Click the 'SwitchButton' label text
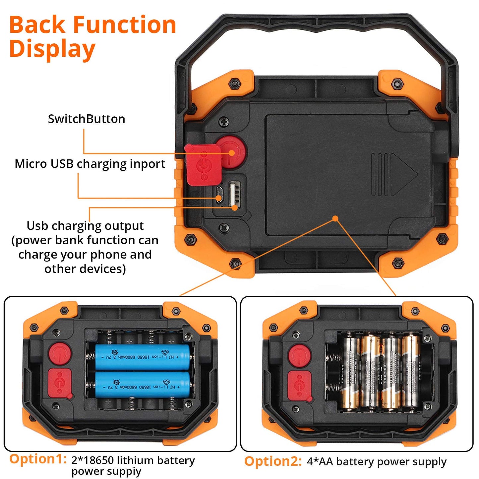[x=87, y=119]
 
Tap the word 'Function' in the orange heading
[x=124, y=25]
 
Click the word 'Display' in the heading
[x=52, y=49]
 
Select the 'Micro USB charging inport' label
[x=90, y=164]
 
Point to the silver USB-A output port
[x=234, y=194]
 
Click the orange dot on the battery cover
[x=335, y=218]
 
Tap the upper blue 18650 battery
[x=143, y=357]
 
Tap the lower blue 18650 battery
[x=143, y=385]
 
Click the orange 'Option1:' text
[x=38, y=459]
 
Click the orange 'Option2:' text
[x=273, y=461]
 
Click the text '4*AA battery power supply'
[x=377, y=461]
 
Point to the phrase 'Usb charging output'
[x=85, y=226]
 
